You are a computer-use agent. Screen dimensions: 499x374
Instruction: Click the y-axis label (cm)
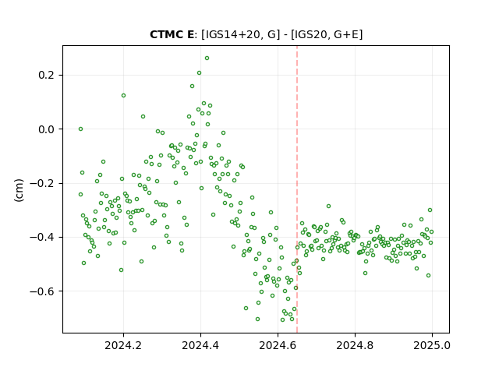[19, 190]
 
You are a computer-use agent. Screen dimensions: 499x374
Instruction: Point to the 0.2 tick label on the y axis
[47, 75]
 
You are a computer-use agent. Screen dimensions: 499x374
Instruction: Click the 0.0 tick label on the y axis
[47, 129]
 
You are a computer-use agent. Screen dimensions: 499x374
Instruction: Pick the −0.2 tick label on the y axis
[42, 183]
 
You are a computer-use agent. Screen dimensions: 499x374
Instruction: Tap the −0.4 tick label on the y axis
[42, 237]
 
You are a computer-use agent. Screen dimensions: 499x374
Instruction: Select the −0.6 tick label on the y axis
[42, 291]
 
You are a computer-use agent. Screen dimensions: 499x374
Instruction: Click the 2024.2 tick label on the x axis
[123, 345]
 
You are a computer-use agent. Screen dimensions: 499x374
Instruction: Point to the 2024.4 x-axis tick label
[200, 345]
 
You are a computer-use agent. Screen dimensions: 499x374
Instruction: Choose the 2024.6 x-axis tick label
[278, 345]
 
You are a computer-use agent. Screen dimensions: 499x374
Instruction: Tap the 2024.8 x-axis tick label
[355, 345]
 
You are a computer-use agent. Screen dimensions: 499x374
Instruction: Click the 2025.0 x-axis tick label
[432, 345]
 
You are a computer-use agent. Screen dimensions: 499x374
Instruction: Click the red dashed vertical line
[297, 189]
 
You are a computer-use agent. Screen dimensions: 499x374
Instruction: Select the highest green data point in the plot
[207, 58]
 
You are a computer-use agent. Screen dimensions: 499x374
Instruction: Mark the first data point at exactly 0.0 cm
[81, 129]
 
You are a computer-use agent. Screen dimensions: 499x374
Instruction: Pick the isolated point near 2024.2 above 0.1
[123, 95]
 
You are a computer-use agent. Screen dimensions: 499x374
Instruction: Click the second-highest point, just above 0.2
[200, 73]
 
